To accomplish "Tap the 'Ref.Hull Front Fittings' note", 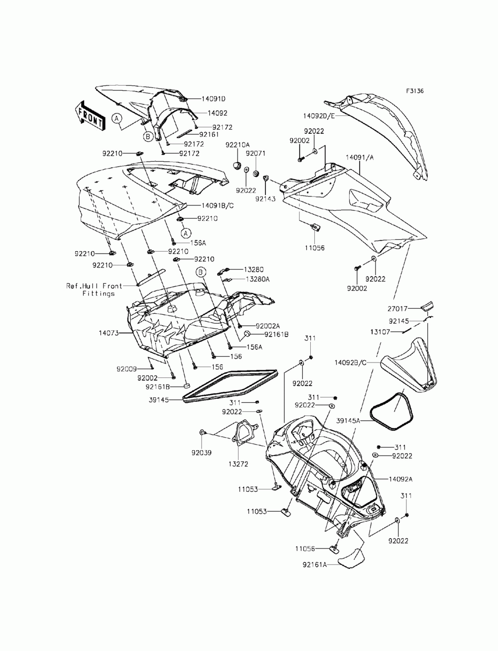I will pos(90,289).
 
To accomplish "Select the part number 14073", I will pos(109,333).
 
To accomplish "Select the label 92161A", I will pos(314,564).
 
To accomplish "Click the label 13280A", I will pos(256,279).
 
